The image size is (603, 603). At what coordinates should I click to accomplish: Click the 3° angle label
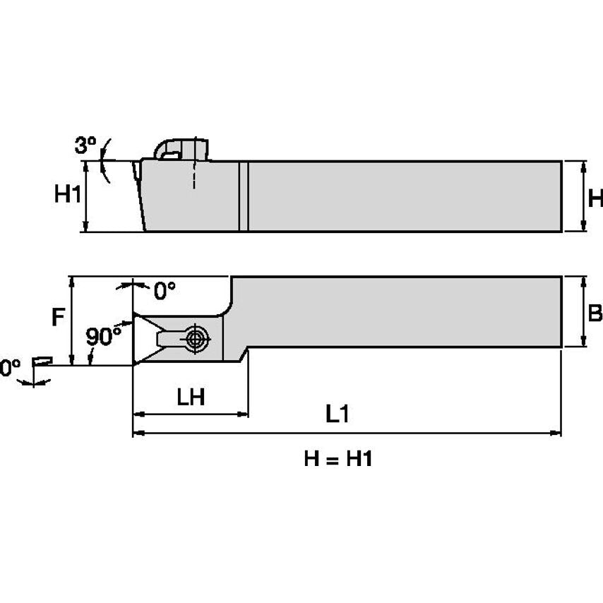[85, 146]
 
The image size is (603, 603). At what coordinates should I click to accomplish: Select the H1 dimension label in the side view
[68, 195]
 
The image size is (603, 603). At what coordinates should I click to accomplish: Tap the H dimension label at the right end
[595, 198]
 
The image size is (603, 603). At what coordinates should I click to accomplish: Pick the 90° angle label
[104, 337]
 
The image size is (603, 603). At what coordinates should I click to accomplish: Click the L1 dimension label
[338, 414]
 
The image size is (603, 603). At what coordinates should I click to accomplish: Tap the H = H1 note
[338, 459]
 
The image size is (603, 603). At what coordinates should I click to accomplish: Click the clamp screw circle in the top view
[195, 338]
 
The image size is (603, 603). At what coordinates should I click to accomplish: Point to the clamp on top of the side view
[182, 149]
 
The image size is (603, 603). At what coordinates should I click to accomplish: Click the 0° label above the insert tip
[164, 290]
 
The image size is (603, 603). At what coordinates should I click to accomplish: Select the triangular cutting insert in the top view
[145, 339]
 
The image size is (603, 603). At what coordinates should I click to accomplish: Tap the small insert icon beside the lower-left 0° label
[43, 361]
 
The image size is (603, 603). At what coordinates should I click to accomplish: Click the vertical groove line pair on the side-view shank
[244, 196]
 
